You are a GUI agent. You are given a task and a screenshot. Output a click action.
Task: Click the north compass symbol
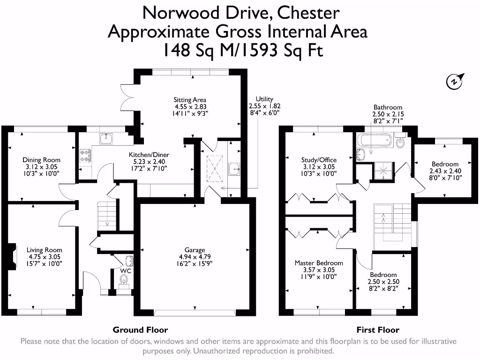[454, 82]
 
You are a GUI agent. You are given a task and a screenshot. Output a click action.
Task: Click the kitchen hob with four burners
[85, 156]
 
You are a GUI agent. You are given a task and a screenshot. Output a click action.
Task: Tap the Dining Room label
[42, 160]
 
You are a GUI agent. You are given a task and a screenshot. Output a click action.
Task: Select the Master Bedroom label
[318, 263]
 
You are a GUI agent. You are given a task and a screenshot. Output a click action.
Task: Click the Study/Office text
[318, 160]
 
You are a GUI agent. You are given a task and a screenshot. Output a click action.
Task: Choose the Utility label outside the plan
[264, 99]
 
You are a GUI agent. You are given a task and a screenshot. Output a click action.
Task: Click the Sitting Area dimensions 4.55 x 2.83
[190, 106]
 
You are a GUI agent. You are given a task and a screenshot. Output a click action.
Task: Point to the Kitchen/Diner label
[149, 155]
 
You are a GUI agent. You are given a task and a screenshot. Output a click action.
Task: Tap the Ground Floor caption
[140, 330]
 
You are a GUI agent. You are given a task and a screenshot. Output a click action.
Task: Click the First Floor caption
[378, 330]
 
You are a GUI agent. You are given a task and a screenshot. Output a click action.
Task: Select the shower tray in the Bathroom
[383, 172]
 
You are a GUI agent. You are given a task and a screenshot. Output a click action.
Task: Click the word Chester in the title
[308, 12]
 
